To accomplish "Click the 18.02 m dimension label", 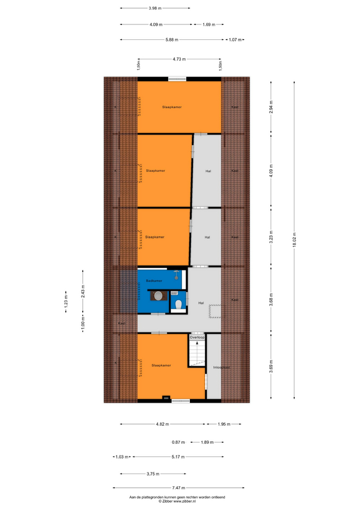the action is (x=294, y=240).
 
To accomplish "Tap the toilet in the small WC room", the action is (x=178, y=304).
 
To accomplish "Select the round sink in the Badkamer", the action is (x=159, y=296).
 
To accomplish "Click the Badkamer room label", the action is (x=154, y=281).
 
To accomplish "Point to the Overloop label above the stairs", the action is (x=197, y=337).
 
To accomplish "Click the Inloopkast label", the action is (x=222, y=367).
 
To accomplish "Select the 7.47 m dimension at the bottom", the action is (x=179, y=488).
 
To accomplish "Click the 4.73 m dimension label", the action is (x=179, y=59).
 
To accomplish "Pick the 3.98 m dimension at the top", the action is (x=155, y=8).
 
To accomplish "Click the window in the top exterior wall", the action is (x=177, y=78).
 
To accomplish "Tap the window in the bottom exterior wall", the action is (x=181, y=401).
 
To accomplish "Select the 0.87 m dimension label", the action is (x=178, y=442).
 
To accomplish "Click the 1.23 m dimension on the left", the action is (x=66, y=302).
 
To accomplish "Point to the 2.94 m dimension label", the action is (x=271, y=107).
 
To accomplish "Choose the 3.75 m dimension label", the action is (x=153, y=474).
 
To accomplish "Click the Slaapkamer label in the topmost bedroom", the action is (x=172, y=107).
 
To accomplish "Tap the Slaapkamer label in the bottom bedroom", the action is (x=161, y=365).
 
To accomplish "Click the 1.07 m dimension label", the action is (x=235, y=40).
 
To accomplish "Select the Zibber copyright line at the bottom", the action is (x=177, y=501).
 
